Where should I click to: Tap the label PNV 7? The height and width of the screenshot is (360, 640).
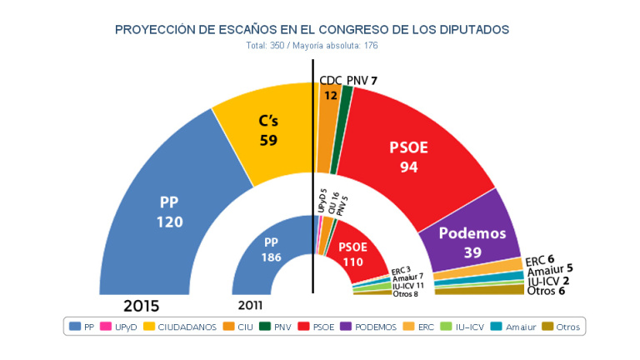click(362, 80)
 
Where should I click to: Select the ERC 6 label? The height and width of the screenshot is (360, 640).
click(541, 260)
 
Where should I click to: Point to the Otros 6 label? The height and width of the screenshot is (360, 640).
click(547, 291)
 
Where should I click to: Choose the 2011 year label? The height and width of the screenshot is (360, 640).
click(250, 304)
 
